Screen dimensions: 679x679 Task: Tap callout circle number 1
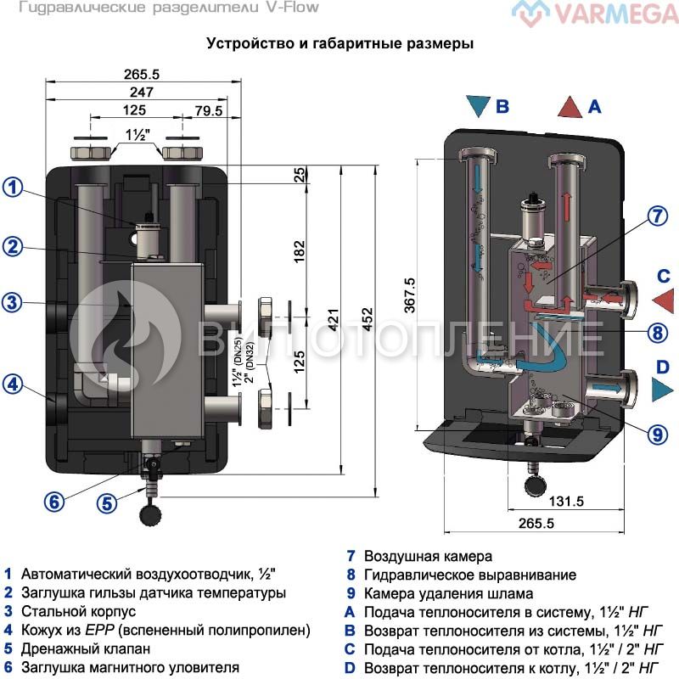tap(13, 188)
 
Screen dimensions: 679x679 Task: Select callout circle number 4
tap(13, 384)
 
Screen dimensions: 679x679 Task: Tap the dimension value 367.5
tap(409, 296)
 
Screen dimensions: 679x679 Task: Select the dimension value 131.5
tap(567, 501)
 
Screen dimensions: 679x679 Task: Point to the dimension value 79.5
tap(209, 111)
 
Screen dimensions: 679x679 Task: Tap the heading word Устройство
tap(244, 43)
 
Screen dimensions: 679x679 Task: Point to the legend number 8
tap(350, 575)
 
